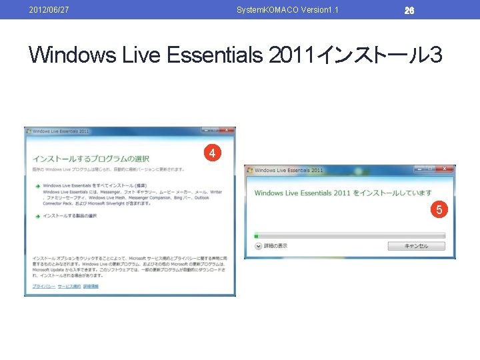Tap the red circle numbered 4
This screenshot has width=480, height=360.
click(x=211, y=154)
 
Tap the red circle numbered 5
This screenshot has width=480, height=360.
click(x=439, y=211)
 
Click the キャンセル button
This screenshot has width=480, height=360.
click(x=417, y=246)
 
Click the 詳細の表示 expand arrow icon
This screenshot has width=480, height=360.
click(x=258, y=246)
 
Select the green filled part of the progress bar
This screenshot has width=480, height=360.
click(x=256, y=235)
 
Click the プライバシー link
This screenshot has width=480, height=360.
click(x=43, y=286)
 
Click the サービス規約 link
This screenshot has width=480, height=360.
click(x=69, y=286)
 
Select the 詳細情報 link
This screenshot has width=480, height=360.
click(x=91, y=286)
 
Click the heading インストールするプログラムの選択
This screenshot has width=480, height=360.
click(x=91, y=159)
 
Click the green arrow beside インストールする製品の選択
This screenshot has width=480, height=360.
click(x=38, y=216)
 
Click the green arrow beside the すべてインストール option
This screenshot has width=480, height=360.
click(x=38, y=185)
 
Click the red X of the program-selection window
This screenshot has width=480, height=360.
click(x=227, y=130)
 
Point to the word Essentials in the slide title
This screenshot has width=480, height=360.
click(x=214, y=55)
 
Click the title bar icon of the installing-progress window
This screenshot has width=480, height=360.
click(x=249, y=170)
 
